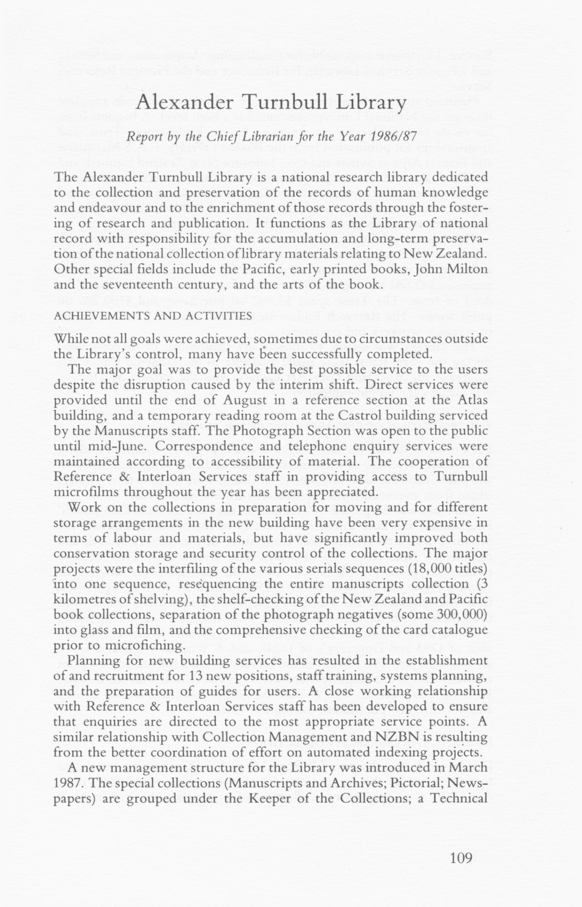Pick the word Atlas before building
pyautogui.click(x=472, y=400)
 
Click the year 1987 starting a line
pyautogui.click(x=66, y=784)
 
